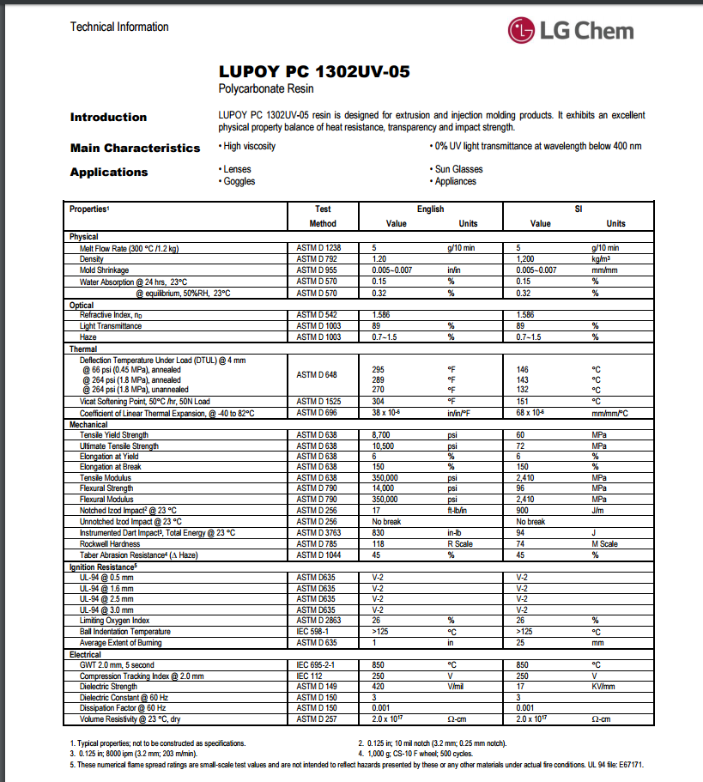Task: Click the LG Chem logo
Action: coord(570,32)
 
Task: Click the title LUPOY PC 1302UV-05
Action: coord(314,72)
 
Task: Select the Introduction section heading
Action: coord(108,118)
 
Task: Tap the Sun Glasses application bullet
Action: coord(458,169)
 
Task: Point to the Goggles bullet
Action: coord(239,181)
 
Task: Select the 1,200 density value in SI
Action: coord(526,258)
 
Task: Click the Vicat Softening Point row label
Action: coord(145,401)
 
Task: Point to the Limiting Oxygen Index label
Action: coord(114,620)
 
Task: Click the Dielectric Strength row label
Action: coord(110,686)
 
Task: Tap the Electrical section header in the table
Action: coord(85,653)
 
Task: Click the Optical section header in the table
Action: coord(82,305)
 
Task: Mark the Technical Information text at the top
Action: coord(119,27)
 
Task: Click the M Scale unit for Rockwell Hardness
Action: coord(604,543)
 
